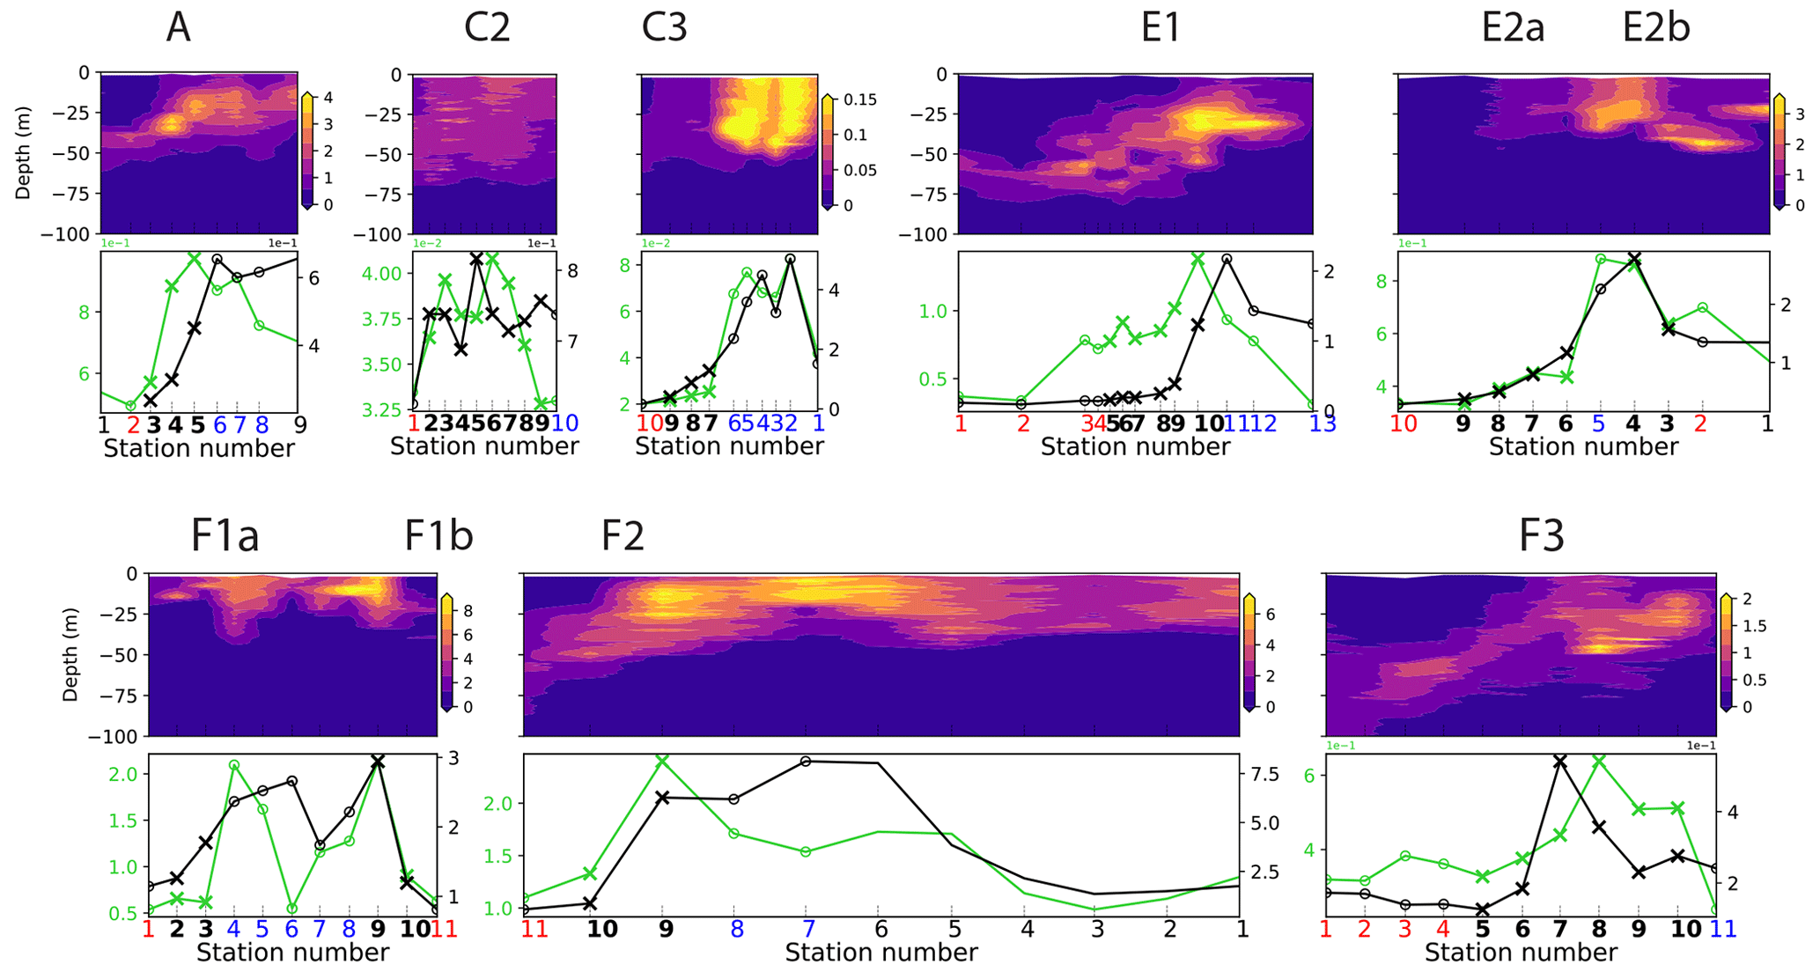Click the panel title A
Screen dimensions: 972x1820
point(178,28)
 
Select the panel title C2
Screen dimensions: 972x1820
point(487,28)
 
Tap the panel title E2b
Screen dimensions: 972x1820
point(1655,28)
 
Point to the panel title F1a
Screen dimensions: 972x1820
point(225,535)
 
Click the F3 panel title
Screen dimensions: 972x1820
point(1542,535)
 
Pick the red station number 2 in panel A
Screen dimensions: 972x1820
point(133,425)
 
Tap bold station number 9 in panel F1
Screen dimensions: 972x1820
point(378,929)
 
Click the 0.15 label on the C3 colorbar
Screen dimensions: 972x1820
point(860,99)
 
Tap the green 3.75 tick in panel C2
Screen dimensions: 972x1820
point(383,319)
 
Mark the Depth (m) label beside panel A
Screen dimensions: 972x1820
point(23,154)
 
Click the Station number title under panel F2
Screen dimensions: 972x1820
point(881,953)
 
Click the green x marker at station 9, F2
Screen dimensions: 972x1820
point(663,760)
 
